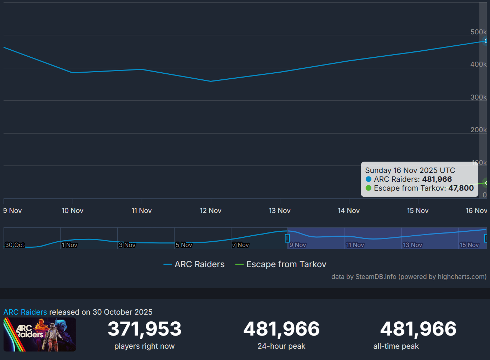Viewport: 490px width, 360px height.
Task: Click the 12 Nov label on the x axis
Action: pos(210,211)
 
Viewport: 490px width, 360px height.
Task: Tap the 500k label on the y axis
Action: pos(478,32)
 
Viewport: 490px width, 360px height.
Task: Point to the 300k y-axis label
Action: pos(478,97)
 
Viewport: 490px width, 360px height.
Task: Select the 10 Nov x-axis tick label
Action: pos(73,211)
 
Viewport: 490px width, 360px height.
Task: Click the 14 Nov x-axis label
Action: pos(348,211)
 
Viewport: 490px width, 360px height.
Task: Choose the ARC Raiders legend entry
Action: pos(194,264)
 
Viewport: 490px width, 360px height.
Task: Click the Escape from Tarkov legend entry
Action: pos(281,264)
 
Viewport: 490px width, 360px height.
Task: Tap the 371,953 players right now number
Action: pos(144,329)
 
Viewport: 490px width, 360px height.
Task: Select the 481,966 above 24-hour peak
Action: pos(281,329)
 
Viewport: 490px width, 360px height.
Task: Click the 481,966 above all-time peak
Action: pos(418,329)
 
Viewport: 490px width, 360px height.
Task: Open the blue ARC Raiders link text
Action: pos(25,312)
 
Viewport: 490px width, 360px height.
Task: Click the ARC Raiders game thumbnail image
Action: pos(40,334)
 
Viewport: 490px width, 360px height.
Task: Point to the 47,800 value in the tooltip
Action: pos(461,188)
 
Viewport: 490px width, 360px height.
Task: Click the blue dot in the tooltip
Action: pos(369,179)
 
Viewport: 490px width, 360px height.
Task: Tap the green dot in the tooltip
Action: pos(369,188)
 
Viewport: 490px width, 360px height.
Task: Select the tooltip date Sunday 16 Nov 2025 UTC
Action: pos(410,170)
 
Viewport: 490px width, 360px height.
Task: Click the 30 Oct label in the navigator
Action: pos(15,245)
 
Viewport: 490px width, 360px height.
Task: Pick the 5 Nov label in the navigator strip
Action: pos(184,245)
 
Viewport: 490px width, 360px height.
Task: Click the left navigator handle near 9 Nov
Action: pos(287,238)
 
